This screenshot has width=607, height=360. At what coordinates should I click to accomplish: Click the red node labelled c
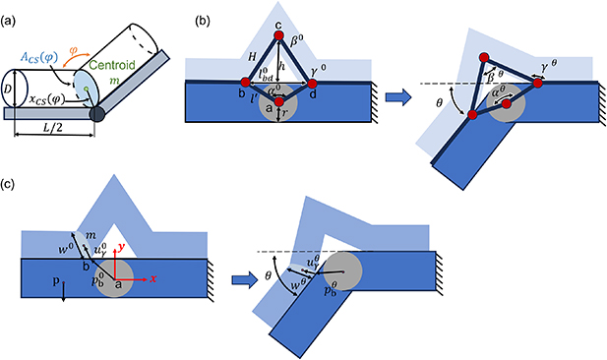pos(278,35)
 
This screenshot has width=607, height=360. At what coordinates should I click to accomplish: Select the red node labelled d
pos(313,84)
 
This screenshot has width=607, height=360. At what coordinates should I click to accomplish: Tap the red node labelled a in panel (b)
pos(279,101)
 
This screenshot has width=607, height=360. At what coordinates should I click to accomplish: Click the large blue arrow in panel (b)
pos(395,97)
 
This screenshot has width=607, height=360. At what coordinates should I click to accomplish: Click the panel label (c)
pos(13,188)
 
